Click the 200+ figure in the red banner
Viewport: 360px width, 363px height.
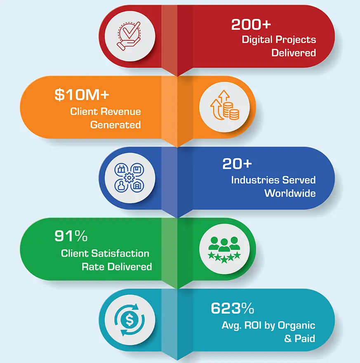[251, 25]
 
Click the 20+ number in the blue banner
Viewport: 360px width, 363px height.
[237, 164]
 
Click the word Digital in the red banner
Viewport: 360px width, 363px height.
[256, 40]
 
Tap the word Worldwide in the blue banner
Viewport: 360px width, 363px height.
[290, 193]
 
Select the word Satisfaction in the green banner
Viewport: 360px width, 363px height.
[123, 253]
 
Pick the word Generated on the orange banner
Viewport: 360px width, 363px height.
[115, 125]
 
